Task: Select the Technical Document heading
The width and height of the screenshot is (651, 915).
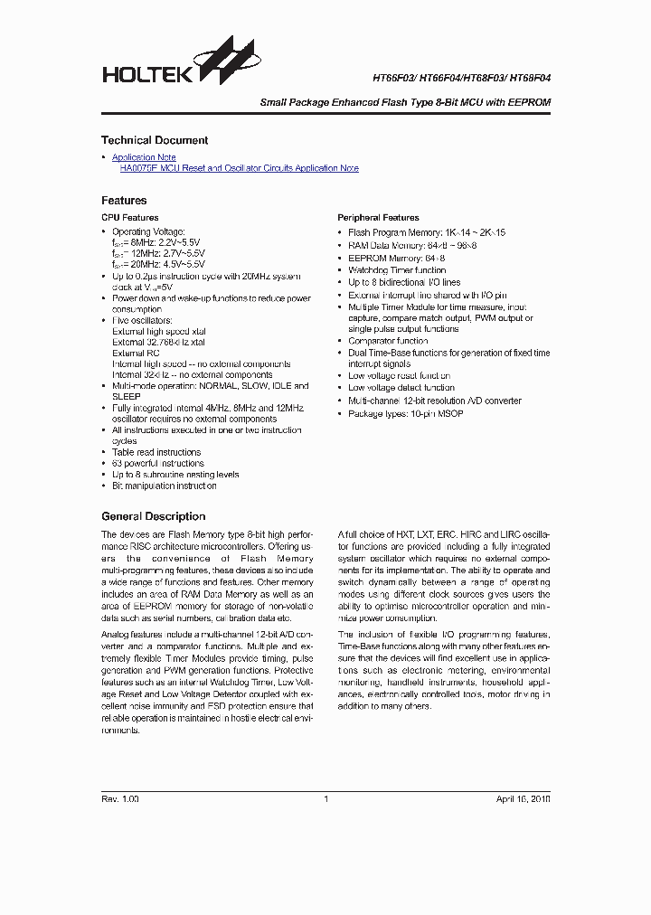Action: click(x=154, y=140)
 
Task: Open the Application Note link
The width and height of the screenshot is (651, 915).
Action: click(x=144, y=157)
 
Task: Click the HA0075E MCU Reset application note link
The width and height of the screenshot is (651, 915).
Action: click(x=239, y=168)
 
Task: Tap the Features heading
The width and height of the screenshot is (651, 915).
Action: click(x=123, y=200)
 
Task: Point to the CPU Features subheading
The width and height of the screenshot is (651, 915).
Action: click(x=129, y=218)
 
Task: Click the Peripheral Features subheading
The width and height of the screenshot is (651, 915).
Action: click(x=378, y=218)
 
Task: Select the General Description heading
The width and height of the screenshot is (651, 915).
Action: click(x=153, y=516)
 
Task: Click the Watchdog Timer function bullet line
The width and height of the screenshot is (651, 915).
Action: click(x=397, y=270)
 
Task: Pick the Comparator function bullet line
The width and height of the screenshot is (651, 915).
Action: click(x=388, y=342)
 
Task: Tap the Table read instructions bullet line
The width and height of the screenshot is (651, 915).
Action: click(x=156, y=452)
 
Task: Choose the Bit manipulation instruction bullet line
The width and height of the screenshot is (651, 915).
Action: click(x=164, y=486)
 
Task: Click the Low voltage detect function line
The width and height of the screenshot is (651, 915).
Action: click(x=401, y=388)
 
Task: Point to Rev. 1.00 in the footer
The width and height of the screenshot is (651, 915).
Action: click(x=119, y=799)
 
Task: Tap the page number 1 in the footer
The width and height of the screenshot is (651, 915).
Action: click(x=325, y=799)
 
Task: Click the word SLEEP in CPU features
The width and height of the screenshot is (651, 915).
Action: click(x=127, y=397)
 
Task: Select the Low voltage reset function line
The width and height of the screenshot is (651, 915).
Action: click(x=399, y=375)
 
